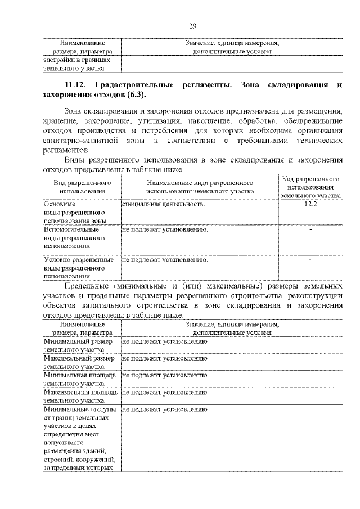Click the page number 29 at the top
[192, 26]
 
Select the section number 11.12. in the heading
[74, 84]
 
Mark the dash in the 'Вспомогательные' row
[310, 230]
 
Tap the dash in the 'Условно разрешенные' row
[310, 260]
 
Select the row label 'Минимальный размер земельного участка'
[79, 345]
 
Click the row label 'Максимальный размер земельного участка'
[79, 362]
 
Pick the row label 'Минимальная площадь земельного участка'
[79, 379]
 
